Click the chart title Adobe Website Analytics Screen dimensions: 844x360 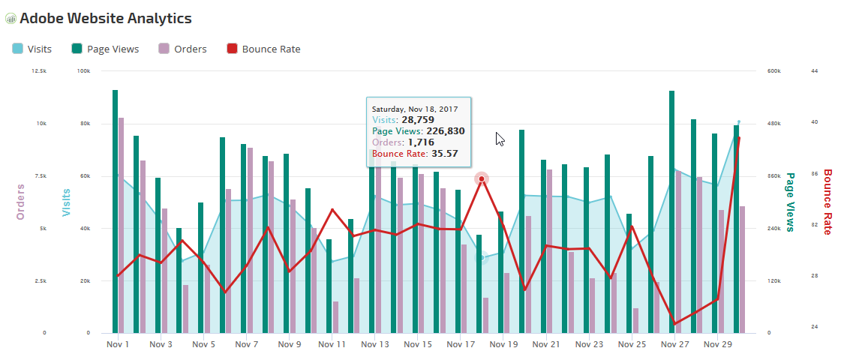tap(106, 18)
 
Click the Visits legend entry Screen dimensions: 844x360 tap(32, 49)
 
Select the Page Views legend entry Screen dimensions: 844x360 tap(105, 49)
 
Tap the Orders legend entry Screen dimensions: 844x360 tap(183, 49)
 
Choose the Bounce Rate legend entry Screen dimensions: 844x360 tap(263, 49)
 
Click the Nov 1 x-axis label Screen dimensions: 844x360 tap(118, 344)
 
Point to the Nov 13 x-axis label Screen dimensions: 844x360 tap(374, 344)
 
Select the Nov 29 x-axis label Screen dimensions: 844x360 tap(718, 344)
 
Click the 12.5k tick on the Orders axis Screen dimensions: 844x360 tap(40, 71)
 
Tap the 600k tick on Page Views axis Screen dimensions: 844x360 tap(774, 71)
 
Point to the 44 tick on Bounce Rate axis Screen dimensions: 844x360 tap(815, 71)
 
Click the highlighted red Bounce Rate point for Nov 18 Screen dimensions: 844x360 tap(482, 178)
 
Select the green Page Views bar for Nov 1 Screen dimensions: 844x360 tap(116, 211)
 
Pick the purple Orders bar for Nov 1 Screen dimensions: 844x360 tap(121, 226)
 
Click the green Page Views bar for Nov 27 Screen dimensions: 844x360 tap(671, 212)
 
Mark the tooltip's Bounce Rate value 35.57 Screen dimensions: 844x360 tap(445, 154)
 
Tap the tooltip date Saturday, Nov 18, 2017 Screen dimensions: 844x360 tap(415, 109)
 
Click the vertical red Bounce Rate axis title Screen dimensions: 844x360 tap(827, 202)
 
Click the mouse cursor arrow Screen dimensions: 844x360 tap(500, 139)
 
